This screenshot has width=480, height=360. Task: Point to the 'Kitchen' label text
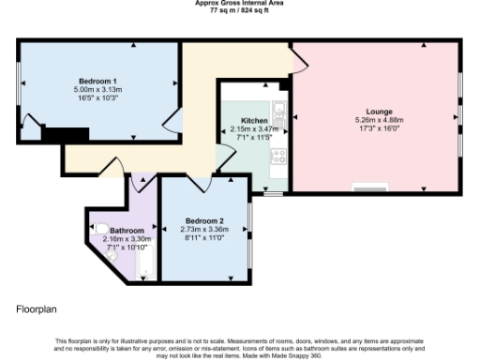pos(254,121)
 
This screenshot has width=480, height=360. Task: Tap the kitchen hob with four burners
pos(278,160)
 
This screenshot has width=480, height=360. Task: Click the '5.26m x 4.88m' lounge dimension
pos(379,120)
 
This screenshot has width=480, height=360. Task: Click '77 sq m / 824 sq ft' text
pos(239,10)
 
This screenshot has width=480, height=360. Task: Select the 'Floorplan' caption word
pos(35,307)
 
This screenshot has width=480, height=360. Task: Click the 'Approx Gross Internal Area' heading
pos(239,3)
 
